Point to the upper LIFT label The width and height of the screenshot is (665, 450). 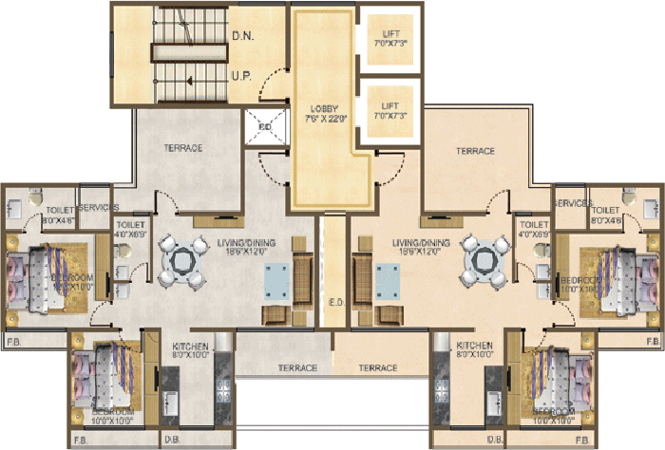[389, 34]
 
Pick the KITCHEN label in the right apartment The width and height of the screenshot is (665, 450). [474, 345]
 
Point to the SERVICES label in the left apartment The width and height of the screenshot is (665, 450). [98, 207]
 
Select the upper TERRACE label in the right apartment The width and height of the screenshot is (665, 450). [475, 150]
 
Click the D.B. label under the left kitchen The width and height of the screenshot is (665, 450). [172, 441]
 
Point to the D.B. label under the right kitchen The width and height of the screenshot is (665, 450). [495, 441]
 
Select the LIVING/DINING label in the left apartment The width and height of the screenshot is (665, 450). [246, 244]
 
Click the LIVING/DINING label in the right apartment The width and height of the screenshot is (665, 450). [421, 244]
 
